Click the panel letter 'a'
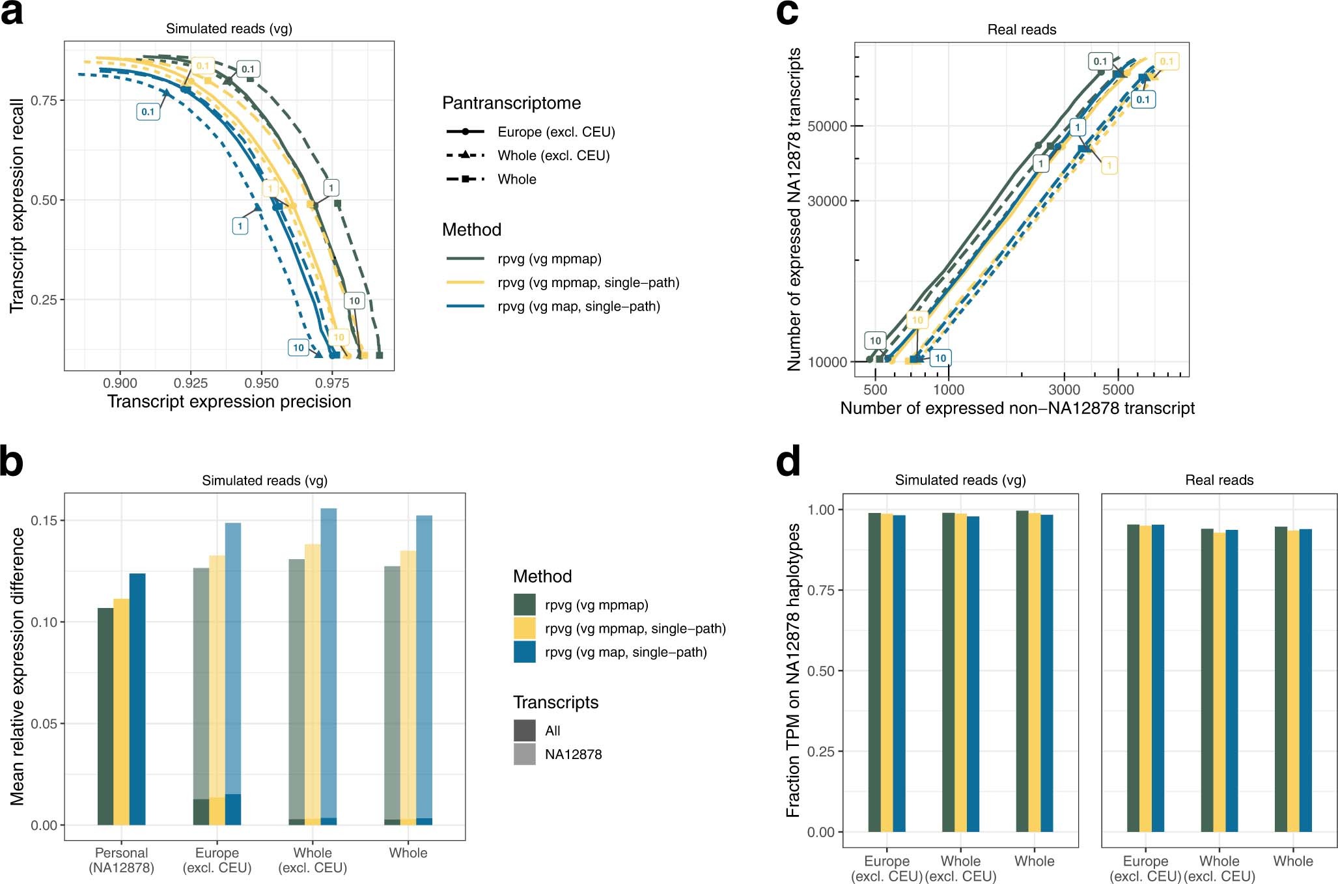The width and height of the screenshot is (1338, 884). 12,13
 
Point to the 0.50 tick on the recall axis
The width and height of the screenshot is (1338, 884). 44,200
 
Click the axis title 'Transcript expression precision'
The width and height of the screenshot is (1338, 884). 229,402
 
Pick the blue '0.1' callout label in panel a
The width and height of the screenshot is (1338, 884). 148,112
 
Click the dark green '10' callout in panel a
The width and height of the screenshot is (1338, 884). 354,301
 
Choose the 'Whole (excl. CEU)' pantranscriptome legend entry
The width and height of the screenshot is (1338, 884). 553,156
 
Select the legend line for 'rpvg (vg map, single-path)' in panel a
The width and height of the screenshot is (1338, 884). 466,306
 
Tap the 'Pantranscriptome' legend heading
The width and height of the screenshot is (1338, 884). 511,103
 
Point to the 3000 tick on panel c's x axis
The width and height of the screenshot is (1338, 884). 1064,390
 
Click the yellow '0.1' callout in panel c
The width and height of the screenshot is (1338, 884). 1166,62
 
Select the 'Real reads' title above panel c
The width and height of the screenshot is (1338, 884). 1021,29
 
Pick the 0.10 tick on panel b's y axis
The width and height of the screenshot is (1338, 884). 44,622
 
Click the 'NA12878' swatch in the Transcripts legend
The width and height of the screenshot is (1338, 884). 524,754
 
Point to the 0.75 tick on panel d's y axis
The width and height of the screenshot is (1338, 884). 820,590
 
